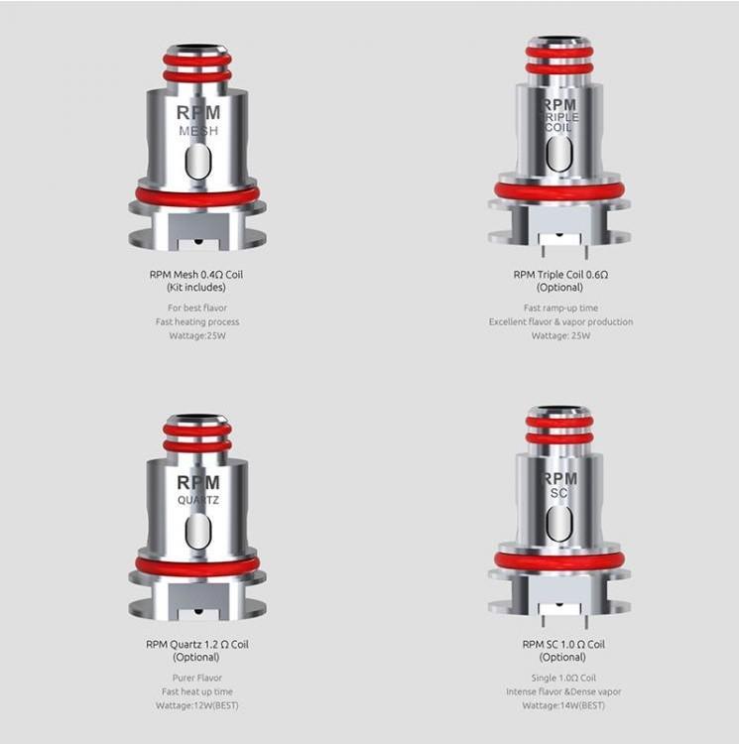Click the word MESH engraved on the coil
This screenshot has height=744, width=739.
[197, 131]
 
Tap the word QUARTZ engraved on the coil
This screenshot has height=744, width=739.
[197, 499]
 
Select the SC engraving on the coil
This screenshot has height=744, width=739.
[559, 491]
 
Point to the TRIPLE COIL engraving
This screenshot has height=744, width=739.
[559, 121]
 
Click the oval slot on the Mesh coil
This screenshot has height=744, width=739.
[197, 161]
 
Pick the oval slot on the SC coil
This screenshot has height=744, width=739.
[559, 523]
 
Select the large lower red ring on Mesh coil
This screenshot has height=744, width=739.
[197, 196]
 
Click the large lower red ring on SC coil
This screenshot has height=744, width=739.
[559, 561]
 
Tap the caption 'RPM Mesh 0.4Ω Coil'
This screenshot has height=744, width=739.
[197, 274]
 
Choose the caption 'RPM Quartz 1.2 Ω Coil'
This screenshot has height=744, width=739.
[197, 644]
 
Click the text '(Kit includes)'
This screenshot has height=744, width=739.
[197, 288]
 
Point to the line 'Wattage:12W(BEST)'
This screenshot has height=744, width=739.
[197, 705]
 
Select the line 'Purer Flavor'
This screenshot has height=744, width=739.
[197, 678]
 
